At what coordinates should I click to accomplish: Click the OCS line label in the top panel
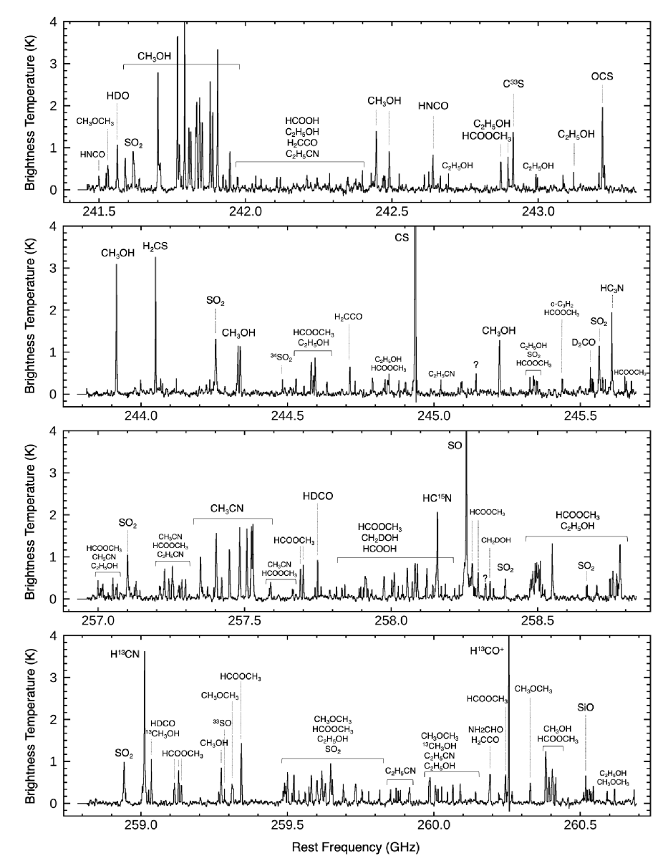click(601, 77)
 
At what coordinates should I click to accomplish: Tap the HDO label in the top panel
click(118, 95)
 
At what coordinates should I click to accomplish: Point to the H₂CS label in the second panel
click(155, 246)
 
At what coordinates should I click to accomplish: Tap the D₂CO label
click(584, 343)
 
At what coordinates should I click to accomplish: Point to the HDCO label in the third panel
click(318, 496)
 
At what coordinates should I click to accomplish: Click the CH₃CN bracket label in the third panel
click(227, 508)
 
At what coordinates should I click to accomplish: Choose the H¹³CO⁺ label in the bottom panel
click(488, 650)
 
